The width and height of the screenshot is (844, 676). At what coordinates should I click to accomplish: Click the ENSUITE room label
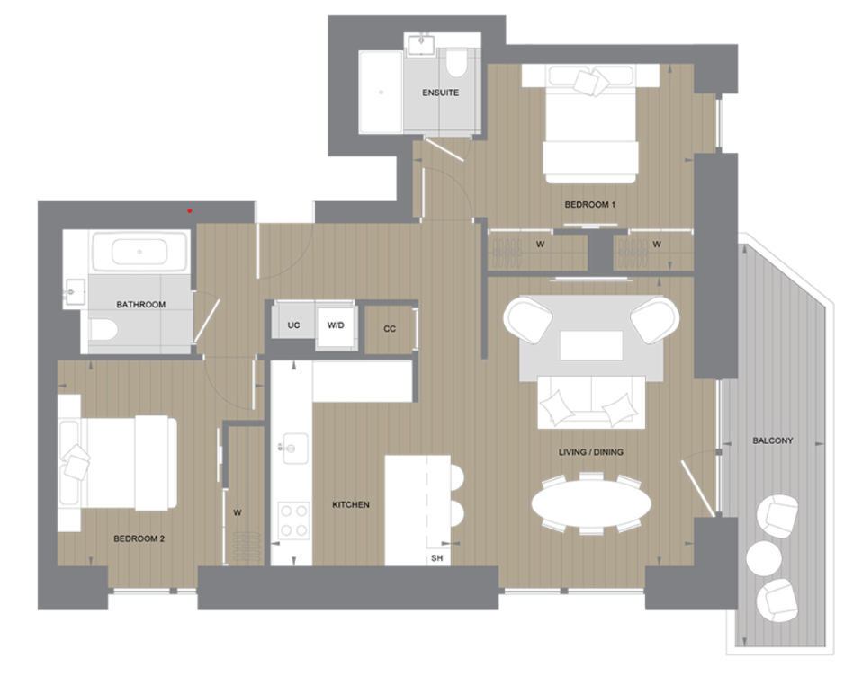click(440, 93)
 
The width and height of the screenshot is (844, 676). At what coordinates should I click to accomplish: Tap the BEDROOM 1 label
click(589, 205)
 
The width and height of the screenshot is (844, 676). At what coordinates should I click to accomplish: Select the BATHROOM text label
click(140, 305)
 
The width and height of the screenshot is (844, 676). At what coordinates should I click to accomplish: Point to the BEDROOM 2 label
click(139, 539)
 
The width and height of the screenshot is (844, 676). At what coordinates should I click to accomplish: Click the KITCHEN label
click(351, 505)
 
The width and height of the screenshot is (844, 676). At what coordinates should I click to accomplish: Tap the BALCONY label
click(773, 440)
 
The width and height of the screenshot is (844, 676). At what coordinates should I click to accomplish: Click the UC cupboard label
click(293, 325)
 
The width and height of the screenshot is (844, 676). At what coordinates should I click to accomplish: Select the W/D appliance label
click(336, 325)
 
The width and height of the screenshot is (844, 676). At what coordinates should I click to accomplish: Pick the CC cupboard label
click(390, 329)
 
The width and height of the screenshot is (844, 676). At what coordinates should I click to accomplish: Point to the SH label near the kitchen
click(437, 558)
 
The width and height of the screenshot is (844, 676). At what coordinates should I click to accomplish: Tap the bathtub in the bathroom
click(138, 251)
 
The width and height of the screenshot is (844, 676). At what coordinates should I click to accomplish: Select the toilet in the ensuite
click(455, 62)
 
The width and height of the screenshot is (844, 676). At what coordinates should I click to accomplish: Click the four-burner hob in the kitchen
click(293, 520)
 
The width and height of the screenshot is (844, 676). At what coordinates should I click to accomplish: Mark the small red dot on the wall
click(189, 210)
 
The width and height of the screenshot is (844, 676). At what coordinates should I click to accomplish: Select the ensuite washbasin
click(420, 43)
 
